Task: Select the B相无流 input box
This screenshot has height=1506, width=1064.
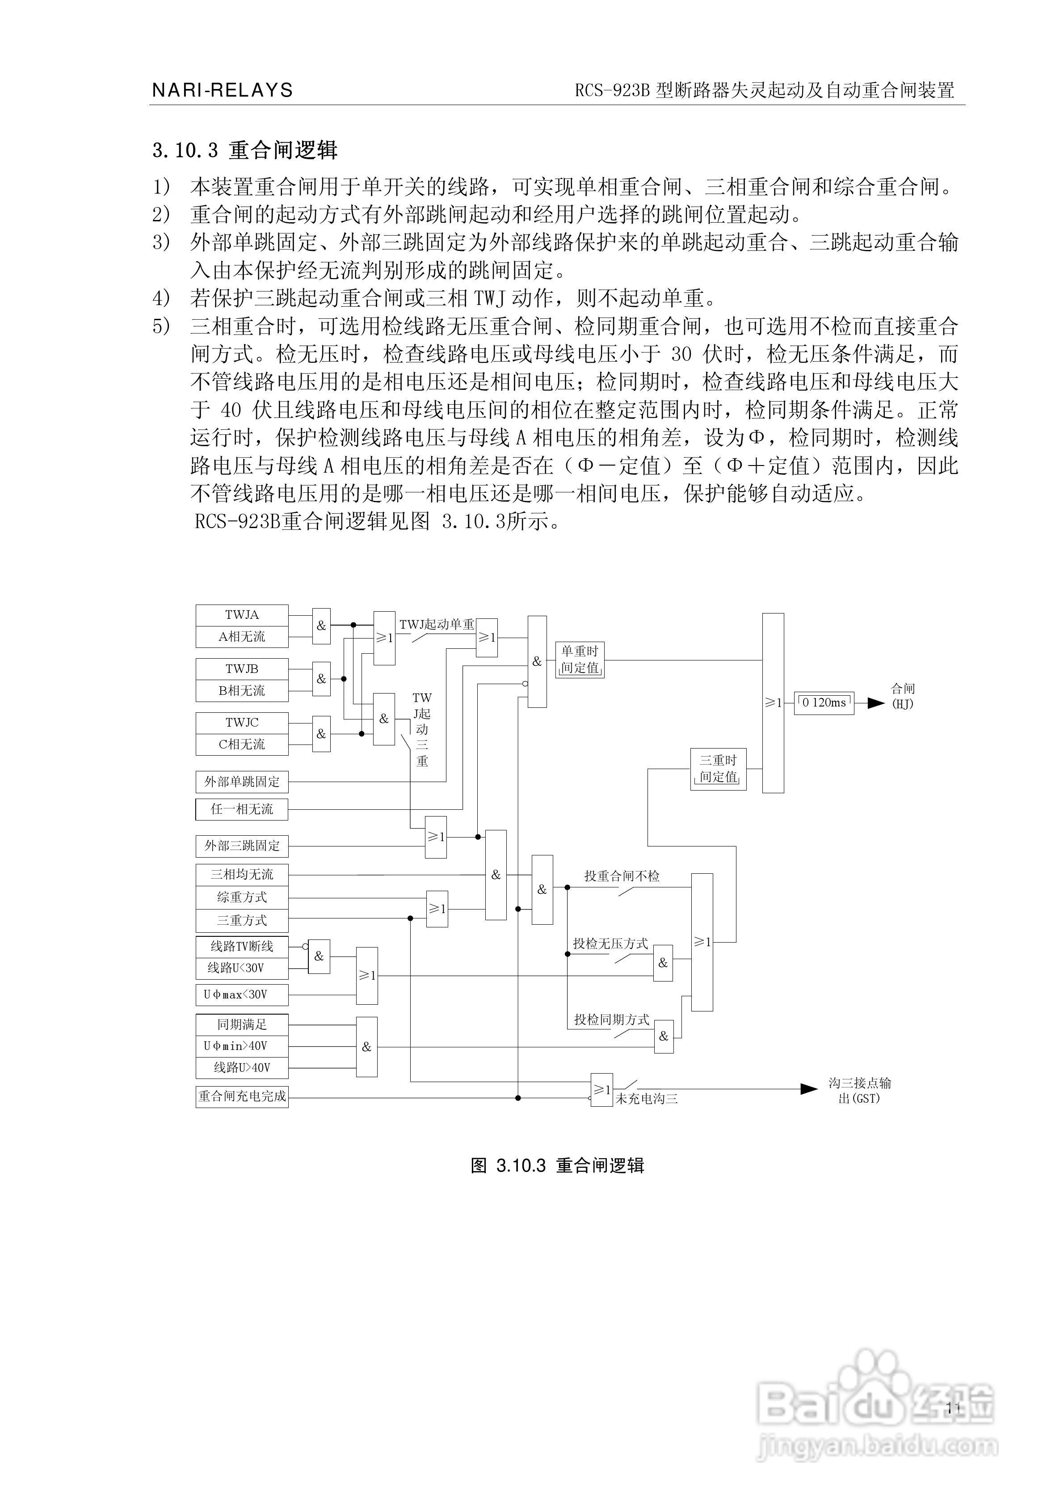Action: click(x=242, y=691)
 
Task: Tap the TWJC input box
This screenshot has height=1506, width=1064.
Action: click(x=242, y=723)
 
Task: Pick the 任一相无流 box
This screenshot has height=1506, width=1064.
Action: click(x=242, y=809)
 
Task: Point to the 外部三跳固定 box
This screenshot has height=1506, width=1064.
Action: click(x=242, y=846)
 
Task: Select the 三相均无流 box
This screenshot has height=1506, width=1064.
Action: click(x=242, y=874)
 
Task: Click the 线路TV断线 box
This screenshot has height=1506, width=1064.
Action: click(x=242, y=947)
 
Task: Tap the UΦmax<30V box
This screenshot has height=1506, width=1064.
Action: click(x=242, y=994)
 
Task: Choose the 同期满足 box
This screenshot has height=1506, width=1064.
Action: click(x=242, y=1024)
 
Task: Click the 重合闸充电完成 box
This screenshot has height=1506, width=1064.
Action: click(x=242, y=1096)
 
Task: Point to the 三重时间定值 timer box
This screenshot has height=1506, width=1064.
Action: click(x=719, y=769)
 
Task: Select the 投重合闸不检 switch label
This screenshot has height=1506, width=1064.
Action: click(x=622, y=876)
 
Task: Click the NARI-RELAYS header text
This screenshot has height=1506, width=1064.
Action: click(x=222, y=90)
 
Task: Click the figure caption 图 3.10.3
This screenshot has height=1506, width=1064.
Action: click(x=557, y=1166)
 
